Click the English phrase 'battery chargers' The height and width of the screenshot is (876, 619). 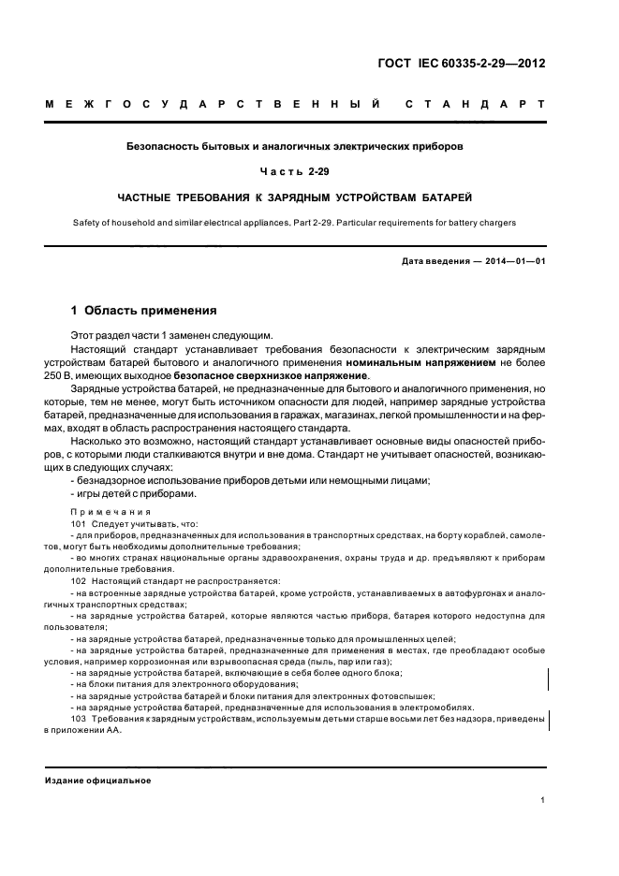click(x=481, y=222)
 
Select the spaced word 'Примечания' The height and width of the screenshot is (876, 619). click(x=111, y=511)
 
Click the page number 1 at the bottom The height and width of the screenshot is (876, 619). click(x=542, y=800)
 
